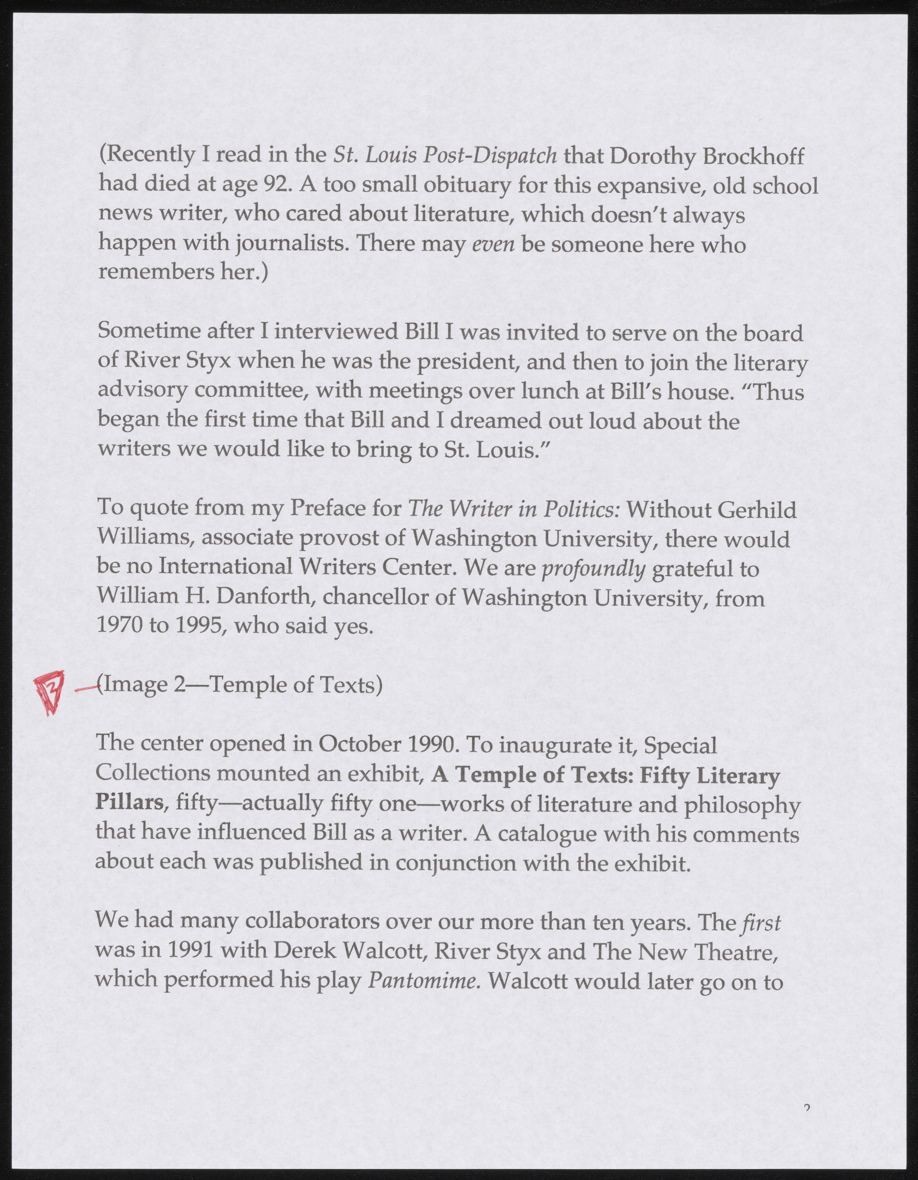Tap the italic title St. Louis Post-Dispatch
(x=446, y=157)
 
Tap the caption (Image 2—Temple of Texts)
(x=240, y=685)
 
